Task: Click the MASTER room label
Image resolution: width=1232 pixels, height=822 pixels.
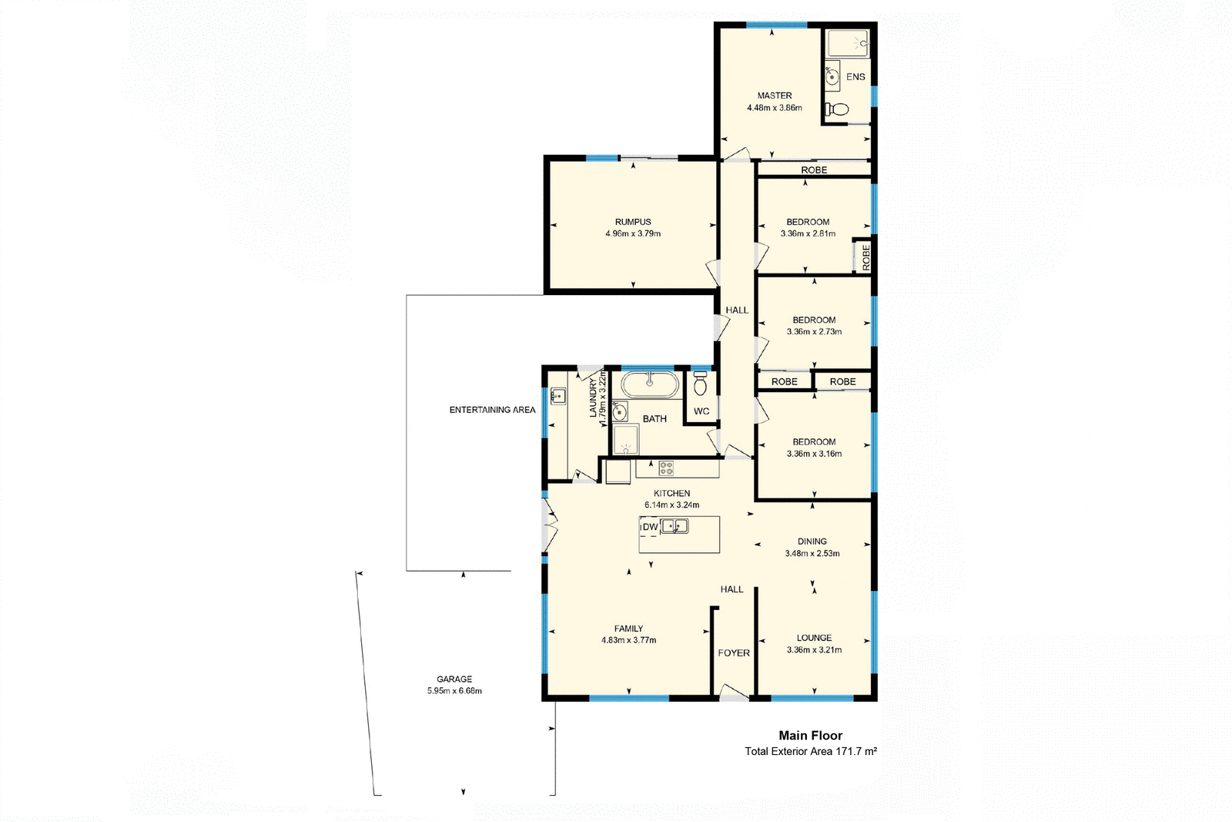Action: point(774,96)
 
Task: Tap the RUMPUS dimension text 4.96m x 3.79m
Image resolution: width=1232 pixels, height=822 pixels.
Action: point(632,233)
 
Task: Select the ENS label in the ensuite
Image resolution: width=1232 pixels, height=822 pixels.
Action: point(855,77)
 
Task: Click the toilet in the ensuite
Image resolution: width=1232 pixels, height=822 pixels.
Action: point(836,110)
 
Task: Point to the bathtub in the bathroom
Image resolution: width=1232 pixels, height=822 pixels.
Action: point(650,384)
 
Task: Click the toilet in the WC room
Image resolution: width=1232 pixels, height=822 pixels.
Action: point(700,383)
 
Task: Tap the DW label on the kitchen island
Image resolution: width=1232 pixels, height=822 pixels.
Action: point(650,527)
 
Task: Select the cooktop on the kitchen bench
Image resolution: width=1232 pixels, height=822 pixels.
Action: point(666,467)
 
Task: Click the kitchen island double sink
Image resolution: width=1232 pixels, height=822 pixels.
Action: point(675,527)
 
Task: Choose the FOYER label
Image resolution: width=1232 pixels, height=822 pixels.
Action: point(733,653)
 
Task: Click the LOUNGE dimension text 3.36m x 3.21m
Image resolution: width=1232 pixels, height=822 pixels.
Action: point(814,650)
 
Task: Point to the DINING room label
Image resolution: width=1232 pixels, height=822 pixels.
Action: point(812,542)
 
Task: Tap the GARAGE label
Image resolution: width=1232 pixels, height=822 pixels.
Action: point(454,679)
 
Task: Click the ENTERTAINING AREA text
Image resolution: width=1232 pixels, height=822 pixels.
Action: point(492,410)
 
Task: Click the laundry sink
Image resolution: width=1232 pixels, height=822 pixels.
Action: point(558,396)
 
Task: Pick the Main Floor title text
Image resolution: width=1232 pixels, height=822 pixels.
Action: point(810,736)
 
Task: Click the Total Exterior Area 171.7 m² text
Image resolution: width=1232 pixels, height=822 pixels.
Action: point(810,751)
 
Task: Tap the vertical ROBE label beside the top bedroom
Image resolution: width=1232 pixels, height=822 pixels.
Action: point(865,257)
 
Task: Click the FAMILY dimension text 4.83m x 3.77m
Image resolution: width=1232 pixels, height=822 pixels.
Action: point(628,640)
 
